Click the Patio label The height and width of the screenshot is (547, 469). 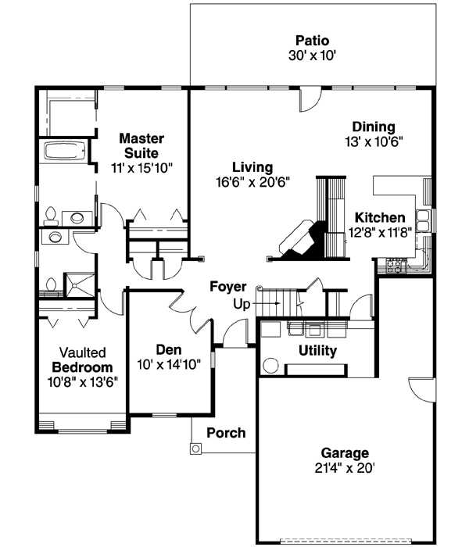312,40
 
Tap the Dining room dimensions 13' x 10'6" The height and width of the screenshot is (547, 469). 373,141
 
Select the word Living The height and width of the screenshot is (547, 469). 252,167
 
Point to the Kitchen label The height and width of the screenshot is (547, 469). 380,217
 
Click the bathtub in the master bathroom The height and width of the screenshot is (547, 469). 65,151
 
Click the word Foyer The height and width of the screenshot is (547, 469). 227,287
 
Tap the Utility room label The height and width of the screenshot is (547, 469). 317,351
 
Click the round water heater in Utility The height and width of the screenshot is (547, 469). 271,365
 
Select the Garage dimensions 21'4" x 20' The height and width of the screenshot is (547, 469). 345,468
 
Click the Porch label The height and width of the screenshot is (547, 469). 226,432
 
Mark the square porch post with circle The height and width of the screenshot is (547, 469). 195,449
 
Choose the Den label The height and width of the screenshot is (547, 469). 168,349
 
